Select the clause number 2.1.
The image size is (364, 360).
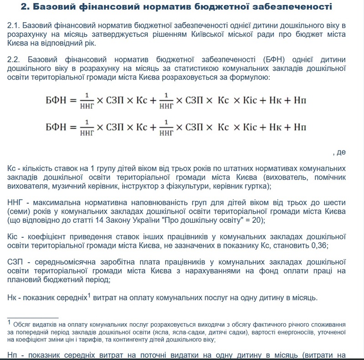[15, 25]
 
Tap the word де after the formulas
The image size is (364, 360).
[341, 152]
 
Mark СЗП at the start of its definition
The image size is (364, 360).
[16, 262]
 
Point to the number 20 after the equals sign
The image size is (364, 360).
[253, 220]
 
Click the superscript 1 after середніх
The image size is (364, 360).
[90, 295]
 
